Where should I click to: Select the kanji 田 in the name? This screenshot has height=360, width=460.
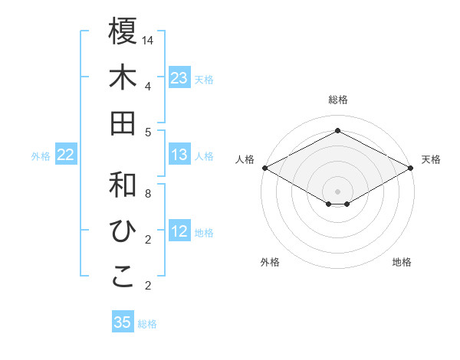point(123,123)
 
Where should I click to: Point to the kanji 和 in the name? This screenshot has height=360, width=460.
point(123,185)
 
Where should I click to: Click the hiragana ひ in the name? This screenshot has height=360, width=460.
point(123,231)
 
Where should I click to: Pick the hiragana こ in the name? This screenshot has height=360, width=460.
point(123,277)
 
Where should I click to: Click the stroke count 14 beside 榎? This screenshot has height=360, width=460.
point(148,40)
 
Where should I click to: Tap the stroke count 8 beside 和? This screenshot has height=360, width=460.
point(148,194)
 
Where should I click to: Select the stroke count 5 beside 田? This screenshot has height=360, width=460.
point(148,132)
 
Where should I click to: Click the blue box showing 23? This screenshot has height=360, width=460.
point(179,78)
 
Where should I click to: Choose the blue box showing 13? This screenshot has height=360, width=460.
point(179,155)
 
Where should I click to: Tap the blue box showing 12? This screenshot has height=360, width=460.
point(179,232)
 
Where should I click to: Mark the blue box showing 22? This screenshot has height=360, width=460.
point(66,155)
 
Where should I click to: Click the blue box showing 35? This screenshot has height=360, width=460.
point(123,322)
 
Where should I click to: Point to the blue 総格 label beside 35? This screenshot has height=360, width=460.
point(147,323)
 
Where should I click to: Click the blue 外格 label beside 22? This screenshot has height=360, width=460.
point(41,156)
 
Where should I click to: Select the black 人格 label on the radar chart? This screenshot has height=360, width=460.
point(245,159)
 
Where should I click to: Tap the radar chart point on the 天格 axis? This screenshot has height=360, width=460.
point(412,167)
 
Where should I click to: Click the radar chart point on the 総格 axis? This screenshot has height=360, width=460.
point(337,130)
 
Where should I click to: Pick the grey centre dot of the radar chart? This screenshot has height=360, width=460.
point(337,190)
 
